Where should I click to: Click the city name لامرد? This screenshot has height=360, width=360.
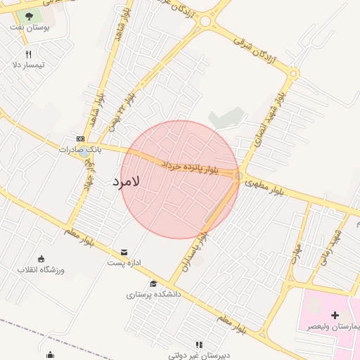127,181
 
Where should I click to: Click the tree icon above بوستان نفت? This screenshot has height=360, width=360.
29,15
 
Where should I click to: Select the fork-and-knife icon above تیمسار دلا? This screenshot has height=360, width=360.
28,54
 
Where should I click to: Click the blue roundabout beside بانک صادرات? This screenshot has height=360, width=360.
84,150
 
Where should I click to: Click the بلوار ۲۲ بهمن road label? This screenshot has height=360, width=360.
118,116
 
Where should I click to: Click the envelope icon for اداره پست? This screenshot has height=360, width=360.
124,252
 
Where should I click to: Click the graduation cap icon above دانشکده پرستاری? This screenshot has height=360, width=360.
154,283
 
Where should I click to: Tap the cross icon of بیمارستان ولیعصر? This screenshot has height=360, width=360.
335,315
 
